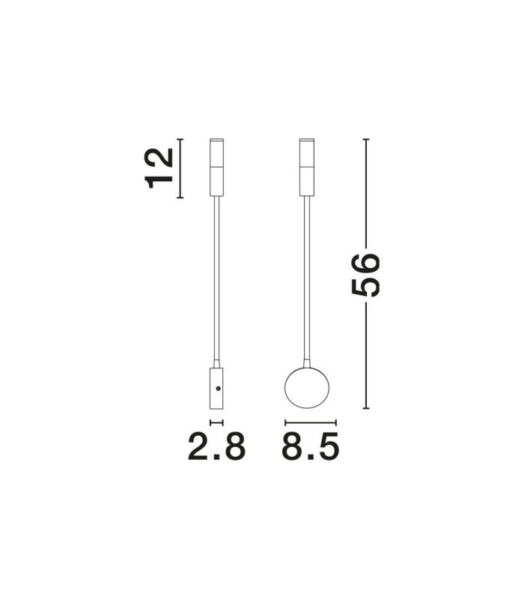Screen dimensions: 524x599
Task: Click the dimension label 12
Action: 159,168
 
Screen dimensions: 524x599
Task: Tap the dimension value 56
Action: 365,275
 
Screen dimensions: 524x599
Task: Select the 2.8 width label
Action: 216,446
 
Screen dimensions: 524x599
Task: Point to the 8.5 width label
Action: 310,446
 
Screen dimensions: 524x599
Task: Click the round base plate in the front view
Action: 307,388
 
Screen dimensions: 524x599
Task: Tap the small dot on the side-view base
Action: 218,389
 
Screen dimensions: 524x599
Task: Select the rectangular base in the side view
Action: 216,388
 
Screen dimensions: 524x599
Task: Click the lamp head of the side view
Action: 216,167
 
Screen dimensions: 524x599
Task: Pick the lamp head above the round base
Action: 307,167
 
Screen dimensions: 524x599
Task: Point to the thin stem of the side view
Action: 216,278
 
